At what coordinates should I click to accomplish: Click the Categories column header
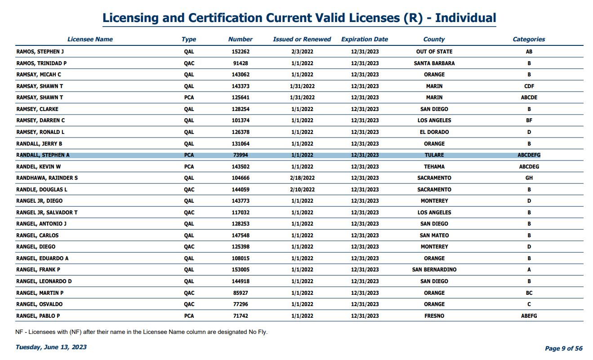(529, 39)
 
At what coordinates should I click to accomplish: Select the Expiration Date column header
(365, 39)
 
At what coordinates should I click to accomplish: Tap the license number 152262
(241, 52)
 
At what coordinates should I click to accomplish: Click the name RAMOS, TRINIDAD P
(41, 63)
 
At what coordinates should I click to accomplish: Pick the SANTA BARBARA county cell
(434, 63)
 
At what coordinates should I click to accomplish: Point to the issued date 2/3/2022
(302, 52)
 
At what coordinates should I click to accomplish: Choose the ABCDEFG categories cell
(529, 155)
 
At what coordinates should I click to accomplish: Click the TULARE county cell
(434, 155)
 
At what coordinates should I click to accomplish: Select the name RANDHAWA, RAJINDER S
(47, 178)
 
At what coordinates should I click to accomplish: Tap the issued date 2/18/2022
(302, 178)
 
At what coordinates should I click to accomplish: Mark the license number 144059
(241, 190)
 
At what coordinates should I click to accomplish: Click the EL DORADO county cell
(434, 132)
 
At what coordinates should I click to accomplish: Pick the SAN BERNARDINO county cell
(434, 270)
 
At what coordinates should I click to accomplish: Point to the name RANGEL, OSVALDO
(39, 304)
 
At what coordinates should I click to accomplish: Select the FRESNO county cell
(434, 316)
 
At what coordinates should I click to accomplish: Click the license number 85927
(241, 293)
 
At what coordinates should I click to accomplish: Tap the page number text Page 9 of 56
(564, 348)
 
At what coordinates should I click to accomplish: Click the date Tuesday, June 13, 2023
(51, 347)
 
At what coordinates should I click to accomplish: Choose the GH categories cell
(529, 178)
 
